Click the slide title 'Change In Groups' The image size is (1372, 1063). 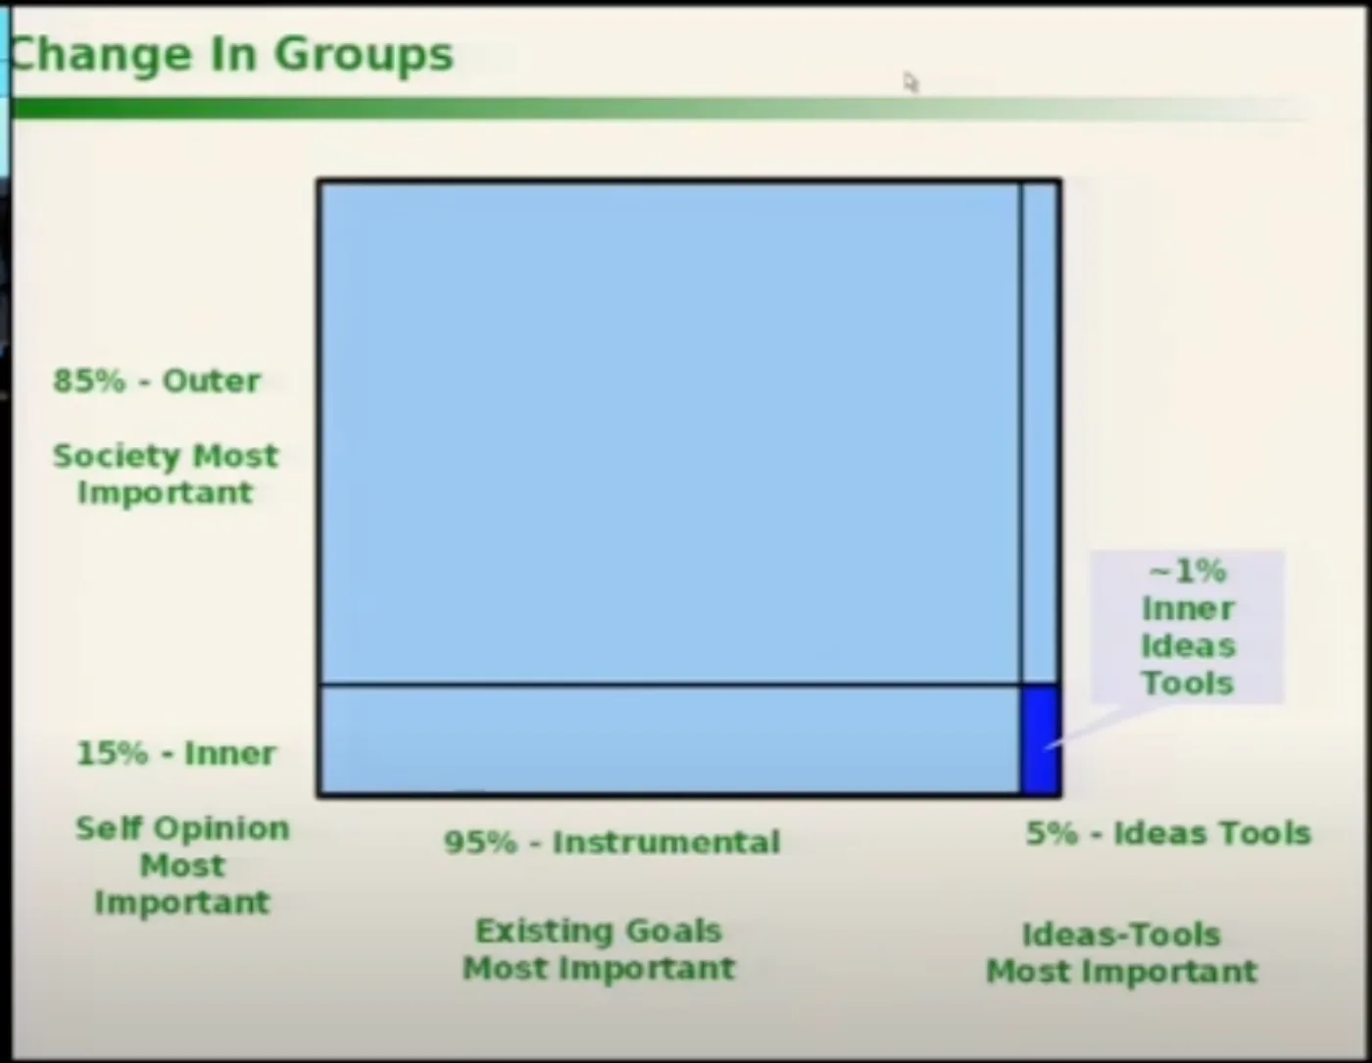click(x=231, y=55)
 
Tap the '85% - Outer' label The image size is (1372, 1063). click(x=157, y=380)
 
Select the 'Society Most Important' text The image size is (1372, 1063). click(x=166, y=474)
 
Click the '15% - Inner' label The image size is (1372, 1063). click(x=176, y=753)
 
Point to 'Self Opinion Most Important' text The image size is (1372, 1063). click(x=182, y=865)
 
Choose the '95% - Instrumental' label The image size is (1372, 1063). click(x=612, y=842)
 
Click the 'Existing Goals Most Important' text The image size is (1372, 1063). click(x=599, y=949)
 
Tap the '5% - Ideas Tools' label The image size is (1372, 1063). click(x=1169, y=833)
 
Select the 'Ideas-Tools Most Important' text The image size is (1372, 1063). click(x=1122, y=953)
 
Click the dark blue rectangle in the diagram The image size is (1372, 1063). click(x=1040, y=739)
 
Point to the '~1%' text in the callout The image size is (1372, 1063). click(x=1187, y=572)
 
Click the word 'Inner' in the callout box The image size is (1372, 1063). click(x=1189, y=609)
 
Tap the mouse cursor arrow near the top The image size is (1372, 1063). click(x=909, y=82)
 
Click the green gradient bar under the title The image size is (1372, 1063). click(x=662, y=108)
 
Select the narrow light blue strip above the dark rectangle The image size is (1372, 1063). click(x=1040, y=432)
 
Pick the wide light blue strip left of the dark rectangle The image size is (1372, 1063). click(x=670, y=739)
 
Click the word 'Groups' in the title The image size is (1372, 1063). click(x=365, y=55)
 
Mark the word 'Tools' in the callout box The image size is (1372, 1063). click(x=1188, y=683)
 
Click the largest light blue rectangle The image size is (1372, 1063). click(x=670, y=432)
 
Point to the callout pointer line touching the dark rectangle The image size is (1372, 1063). click(x=1102, y=727)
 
